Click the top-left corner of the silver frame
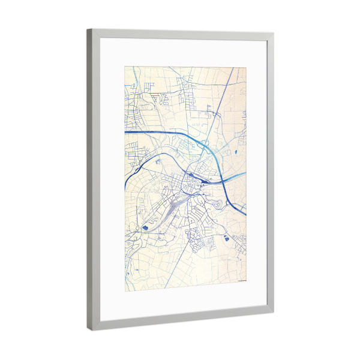(x=88, y=30)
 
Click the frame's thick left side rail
(x=91, y=180)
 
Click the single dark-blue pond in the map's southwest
(x=145, y=228)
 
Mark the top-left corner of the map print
(x=125, y=66)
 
